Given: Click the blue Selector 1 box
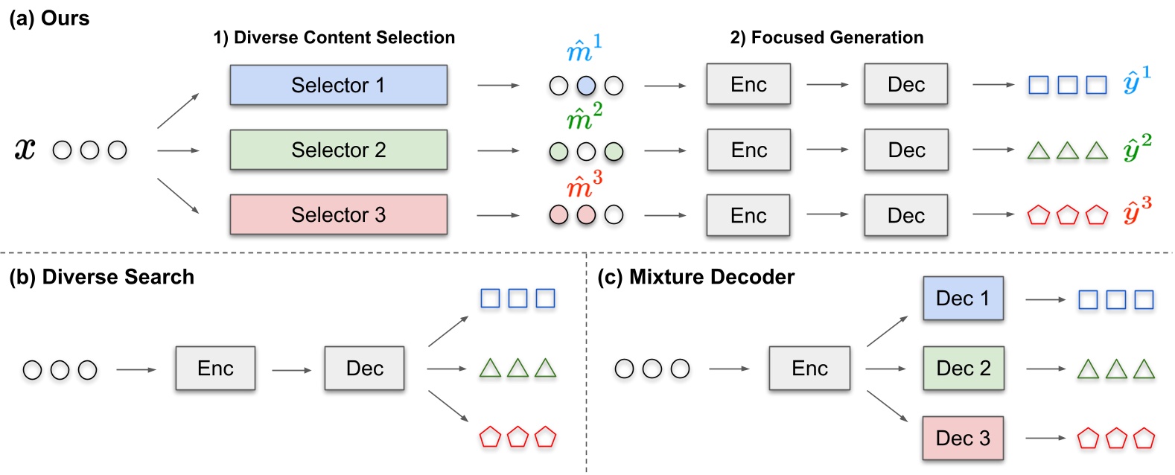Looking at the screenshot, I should (x=338, y=85).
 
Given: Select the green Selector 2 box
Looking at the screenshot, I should (x=338, y=150).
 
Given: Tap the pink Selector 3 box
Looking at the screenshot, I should (x=338, y=214).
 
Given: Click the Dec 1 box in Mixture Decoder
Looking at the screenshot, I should (x=963, y=299).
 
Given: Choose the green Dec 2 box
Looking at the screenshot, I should (x=963, y=368).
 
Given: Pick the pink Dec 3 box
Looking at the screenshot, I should (x=963, y=438).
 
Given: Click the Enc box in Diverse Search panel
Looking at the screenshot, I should (x=215, y=368).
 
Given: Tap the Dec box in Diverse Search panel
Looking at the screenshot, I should (x=364, y=368).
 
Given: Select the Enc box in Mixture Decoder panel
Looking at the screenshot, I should (x=809, y=368).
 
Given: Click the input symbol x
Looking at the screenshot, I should (x=25, y=150).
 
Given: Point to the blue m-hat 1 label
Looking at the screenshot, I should (x=583, y=49).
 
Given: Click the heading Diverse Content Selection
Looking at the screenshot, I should (x=334, y=37).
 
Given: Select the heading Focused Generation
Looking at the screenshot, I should (x=827, y=37).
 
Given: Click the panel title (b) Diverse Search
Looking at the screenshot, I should (x=101, y=277).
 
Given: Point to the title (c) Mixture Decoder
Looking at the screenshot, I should (x=695, y=277).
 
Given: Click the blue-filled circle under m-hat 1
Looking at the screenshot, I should (x=586, y=86).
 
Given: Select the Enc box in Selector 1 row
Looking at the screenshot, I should (x=748, y=85).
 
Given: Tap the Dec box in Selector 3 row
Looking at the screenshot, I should (x=905, y=215).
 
